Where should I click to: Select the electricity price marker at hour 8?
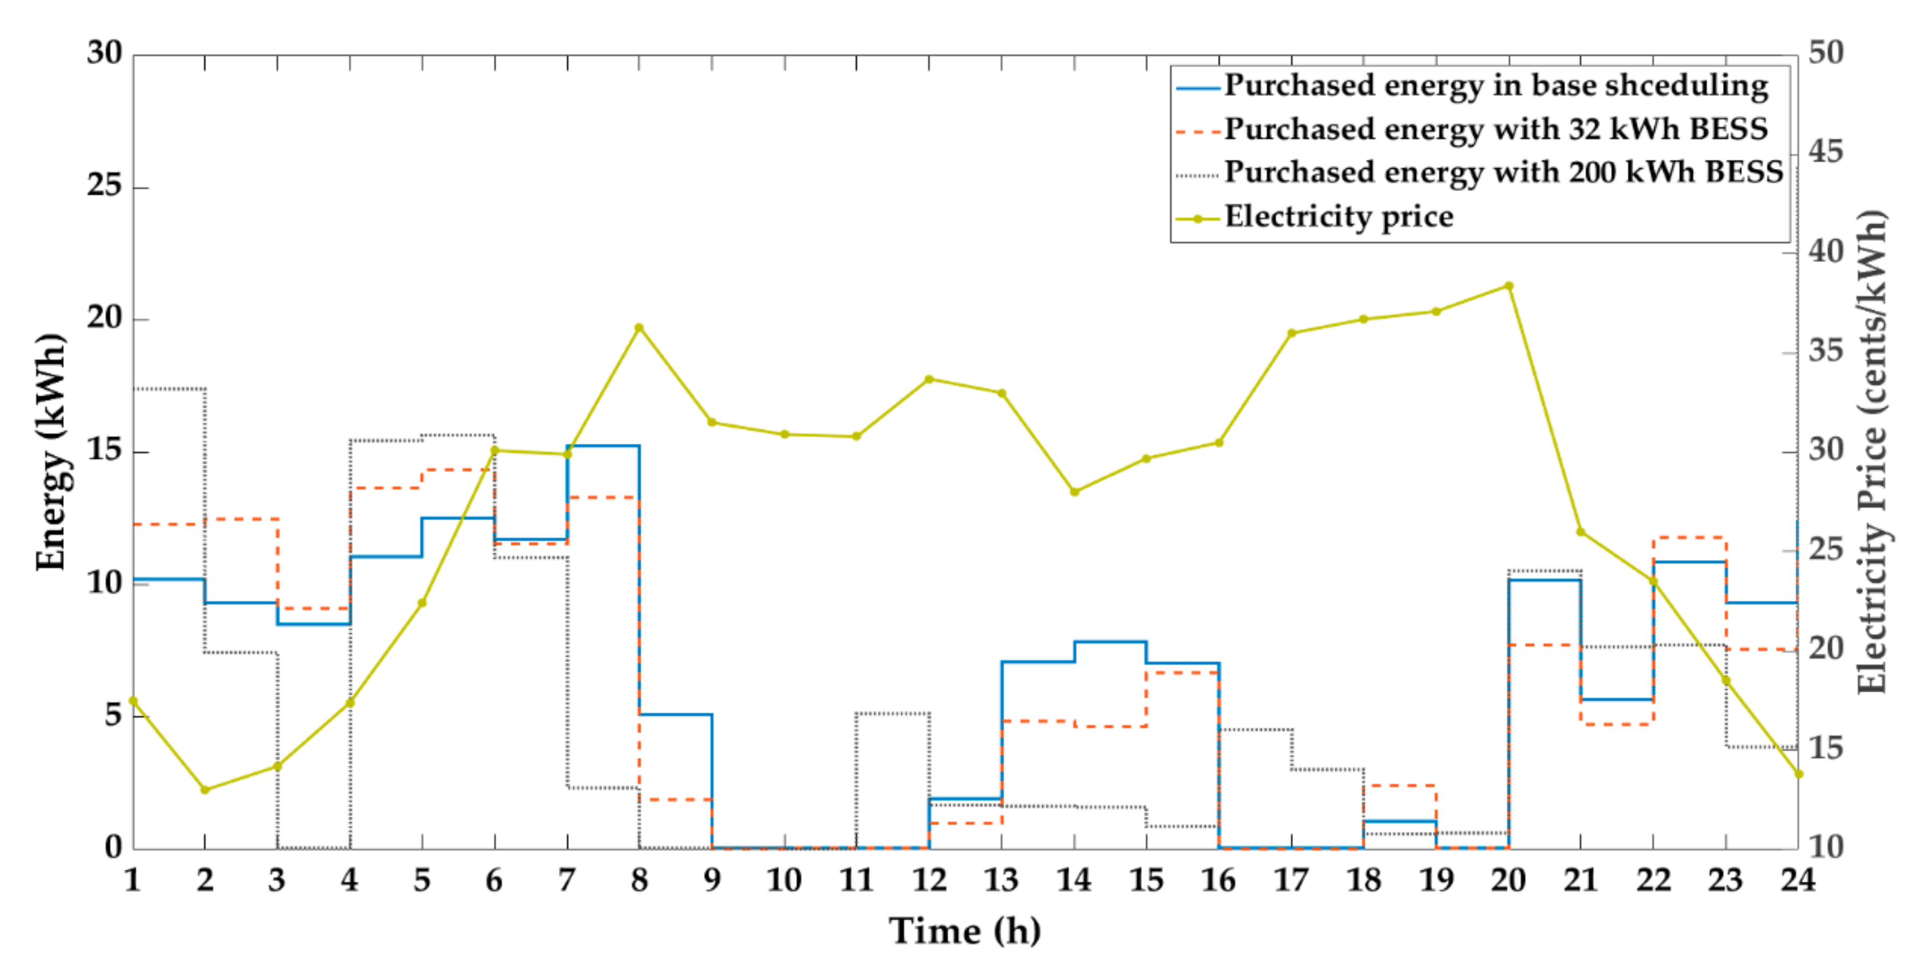(639, 328)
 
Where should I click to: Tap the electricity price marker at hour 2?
(205, 790)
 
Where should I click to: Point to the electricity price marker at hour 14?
(1074, 492)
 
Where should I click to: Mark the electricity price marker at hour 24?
(1798, 774)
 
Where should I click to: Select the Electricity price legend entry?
(1339, 217)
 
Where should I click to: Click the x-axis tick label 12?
(928, 880)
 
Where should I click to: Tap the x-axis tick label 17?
(1291, 880)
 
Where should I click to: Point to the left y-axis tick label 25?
(104, 185)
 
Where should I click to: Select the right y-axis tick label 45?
(1826, 152)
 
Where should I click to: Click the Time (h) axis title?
(964, 932)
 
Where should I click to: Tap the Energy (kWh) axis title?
(51, 452)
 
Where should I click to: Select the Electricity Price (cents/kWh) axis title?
(1872, 452)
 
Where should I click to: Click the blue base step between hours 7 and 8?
(603, 445)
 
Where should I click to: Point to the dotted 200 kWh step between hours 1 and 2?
(169, 388)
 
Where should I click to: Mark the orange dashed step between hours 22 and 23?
(1689, 538)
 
